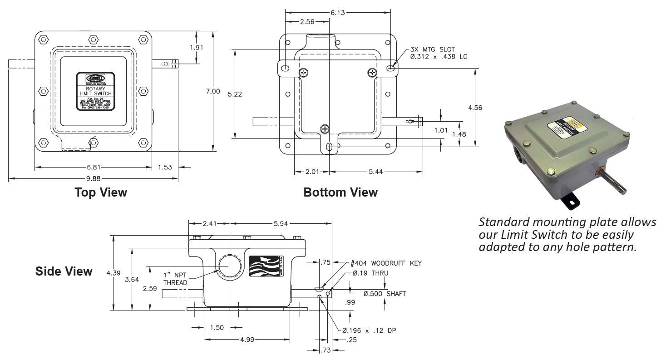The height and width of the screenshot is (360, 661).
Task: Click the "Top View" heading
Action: click(101, 192)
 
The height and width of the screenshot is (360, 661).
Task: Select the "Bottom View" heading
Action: click(340, 192)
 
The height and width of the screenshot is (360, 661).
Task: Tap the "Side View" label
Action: click(64, 271)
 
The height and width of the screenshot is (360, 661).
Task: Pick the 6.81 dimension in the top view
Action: click(93, 167)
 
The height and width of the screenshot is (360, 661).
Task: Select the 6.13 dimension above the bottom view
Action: click(338, 13)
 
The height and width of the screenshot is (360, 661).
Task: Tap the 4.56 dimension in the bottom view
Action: click(474, 108)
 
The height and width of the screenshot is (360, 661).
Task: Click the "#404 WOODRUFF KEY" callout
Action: click(386, 263)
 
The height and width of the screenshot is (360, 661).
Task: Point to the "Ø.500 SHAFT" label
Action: click(385, 294)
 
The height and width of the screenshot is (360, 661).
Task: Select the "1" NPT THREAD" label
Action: click(175, 279)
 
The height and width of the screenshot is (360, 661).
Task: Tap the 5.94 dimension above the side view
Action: click(281, 223)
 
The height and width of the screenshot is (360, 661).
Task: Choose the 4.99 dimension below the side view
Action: click(247, 339)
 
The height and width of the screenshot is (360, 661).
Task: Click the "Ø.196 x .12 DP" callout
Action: click(369, 330)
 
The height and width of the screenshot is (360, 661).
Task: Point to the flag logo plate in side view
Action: click(266, 267)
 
